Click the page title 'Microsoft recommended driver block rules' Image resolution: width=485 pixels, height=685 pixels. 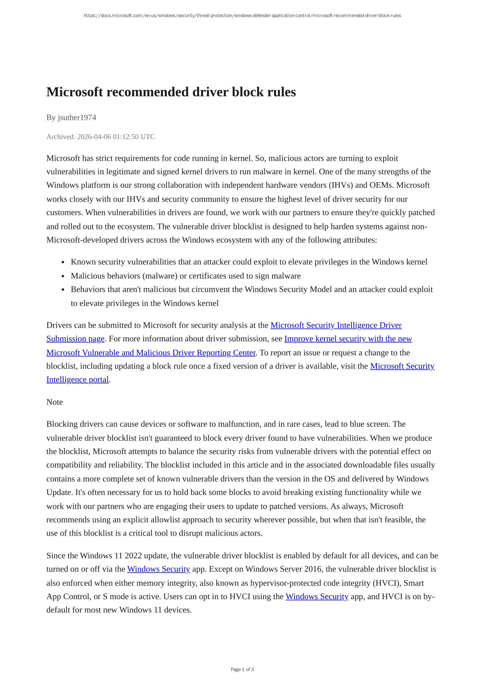pos(171,92)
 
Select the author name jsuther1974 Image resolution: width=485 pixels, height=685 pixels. pos(77,117)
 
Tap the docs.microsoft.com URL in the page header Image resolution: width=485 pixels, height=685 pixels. pos(242,16)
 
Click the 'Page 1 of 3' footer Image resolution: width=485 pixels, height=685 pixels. pos(242,669)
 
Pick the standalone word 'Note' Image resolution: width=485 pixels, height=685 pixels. pos(55,402)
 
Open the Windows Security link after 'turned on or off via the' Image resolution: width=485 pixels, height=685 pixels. pos(159,569)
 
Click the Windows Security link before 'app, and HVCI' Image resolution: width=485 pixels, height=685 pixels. pos(317,596)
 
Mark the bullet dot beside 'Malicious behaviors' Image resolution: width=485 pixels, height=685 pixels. pos(63,276)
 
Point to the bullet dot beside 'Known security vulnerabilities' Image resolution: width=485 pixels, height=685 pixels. pos(63,262)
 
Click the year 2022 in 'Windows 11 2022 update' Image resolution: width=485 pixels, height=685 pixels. pos(133,555)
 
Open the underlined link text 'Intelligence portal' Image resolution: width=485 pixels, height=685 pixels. pos(77,380)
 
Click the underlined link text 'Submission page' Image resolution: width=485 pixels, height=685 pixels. pos(75,339)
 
